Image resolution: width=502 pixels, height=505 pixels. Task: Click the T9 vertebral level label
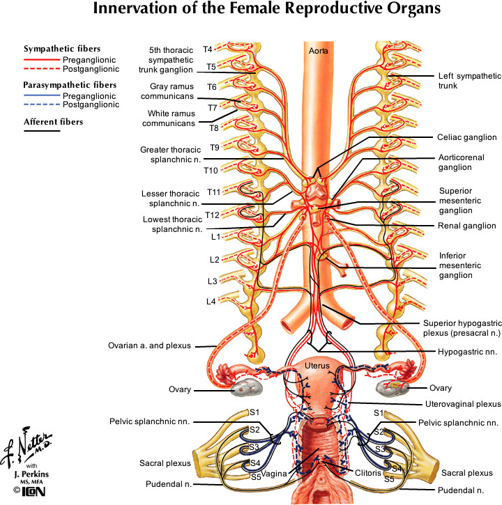coord(215,148)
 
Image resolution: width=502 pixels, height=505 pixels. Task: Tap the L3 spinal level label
coord(211,281)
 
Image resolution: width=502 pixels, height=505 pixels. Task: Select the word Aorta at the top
coord(317,51)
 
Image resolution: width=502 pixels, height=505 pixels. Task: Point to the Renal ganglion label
coord(466,226)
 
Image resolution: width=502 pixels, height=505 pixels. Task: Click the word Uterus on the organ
coord(317,365)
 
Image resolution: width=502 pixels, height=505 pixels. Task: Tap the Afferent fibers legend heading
coord(53,122)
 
